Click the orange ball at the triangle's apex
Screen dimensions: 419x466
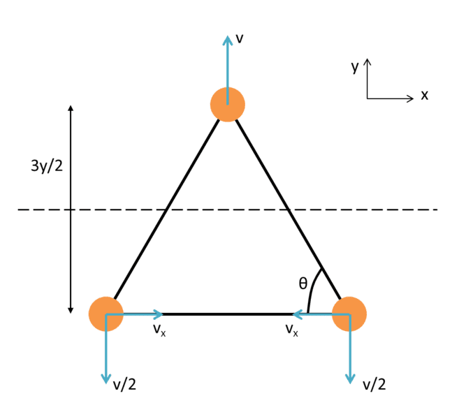pos(227,105)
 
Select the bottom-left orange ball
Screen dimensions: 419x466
pos(106,314)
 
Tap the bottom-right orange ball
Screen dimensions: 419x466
pos(349,314)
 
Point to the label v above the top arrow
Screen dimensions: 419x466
pos(240,38)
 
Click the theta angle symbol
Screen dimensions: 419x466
pos(303,283)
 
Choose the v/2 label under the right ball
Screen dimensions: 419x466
pos(375,384)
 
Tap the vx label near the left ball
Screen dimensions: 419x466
pos(159,329)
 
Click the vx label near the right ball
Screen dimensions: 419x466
pos(291,329)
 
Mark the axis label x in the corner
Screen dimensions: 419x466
pos(424,95)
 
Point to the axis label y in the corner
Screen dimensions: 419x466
pos(355,67)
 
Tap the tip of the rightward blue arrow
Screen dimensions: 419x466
pos(161,314)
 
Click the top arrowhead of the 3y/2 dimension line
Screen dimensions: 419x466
pos(71,108)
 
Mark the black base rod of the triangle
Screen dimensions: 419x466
pos(227,314)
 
